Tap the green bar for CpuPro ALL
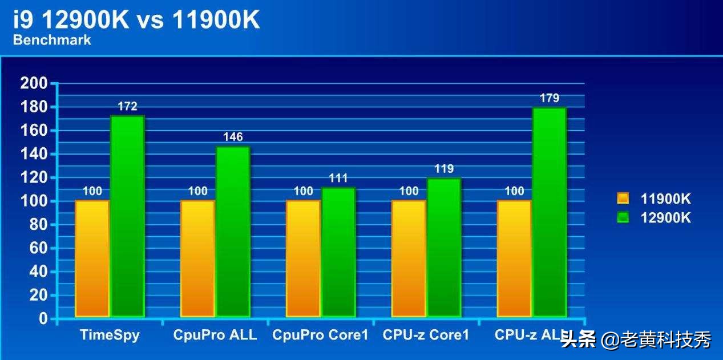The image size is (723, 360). (x=233, y=231)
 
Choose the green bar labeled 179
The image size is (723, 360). (x=550, y=212)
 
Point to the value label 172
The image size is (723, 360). (x=127, y=106)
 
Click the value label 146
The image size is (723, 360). (x=233, y=137)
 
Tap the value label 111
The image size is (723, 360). (x=338, y=178)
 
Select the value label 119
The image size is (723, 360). (x=444, y=169)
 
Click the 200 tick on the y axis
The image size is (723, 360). (x=34, y=83)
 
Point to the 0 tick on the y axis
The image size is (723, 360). (x=43, y=319)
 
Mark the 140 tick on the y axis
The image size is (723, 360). (x=34, y=154)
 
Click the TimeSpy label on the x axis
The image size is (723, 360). (x=110, y=335)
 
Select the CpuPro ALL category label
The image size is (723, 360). (x=215, y=335)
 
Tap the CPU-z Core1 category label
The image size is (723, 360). (x=426, y=335)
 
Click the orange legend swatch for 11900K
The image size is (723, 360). (x=623, y=199)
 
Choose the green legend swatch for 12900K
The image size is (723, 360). (x=623, y=217)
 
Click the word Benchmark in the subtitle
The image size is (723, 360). (x=52, y=40)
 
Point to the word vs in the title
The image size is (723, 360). (x=150, y=21)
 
